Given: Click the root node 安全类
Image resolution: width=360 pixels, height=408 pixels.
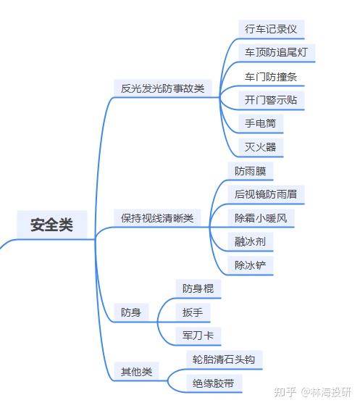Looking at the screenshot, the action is (x=51, y=225).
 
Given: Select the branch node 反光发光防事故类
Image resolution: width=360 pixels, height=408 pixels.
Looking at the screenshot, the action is (x=162, y=88).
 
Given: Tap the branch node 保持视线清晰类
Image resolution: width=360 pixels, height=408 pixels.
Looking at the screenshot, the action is (x=157, y=218).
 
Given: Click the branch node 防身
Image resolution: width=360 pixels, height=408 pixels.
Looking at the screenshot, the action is (x=131, y=312).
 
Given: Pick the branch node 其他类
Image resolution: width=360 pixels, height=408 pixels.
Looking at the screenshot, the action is (x=136, y=372).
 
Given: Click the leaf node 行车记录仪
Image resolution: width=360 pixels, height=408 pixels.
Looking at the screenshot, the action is (x=271, y=29).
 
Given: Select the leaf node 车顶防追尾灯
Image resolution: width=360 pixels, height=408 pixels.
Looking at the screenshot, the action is (x=277, y=52).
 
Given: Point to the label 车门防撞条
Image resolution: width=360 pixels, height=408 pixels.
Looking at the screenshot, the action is (x=271, y=77).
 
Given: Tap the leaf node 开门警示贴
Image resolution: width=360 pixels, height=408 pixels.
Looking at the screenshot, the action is (x=271, y=100).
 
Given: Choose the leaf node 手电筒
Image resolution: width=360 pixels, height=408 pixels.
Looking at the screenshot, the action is (x=261, y=123).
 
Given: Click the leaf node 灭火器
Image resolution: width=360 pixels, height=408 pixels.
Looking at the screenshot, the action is (x=261, y=147).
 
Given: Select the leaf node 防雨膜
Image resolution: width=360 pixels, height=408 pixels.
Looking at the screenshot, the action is (x=250, y=171).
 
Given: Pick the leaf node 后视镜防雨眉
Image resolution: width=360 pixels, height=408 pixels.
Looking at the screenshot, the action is (x=266, y=194).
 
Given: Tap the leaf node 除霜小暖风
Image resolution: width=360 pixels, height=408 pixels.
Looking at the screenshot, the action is (x=261, y=218).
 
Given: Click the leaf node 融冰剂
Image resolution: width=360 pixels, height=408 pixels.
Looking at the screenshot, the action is (x=250, y=242).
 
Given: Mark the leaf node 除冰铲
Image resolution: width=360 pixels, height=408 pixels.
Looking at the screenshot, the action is (x=250, y=265).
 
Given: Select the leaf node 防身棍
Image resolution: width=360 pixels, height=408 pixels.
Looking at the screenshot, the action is (x=198, y=288).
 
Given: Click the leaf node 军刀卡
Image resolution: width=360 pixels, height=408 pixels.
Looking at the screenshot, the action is (x=198, y=336).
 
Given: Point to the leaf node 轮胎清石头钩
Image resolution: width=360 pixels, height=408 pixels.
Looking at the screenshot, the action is (x=224, y=359).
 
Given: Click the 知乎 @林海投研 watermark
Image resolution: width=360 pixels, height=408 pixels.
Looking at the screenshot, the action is (x=313, y=392).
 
